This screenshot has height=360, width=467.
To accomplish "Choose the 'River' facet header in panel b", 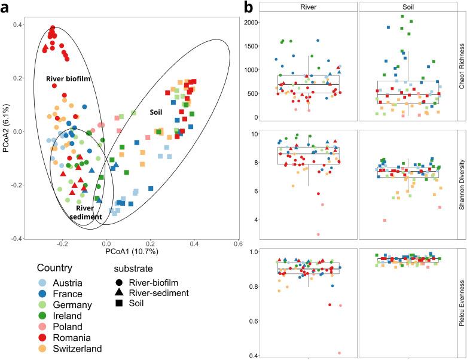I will pos(308,6).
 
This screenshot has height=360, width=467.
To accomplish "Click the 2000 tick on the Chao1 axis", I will pos(250,22).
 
